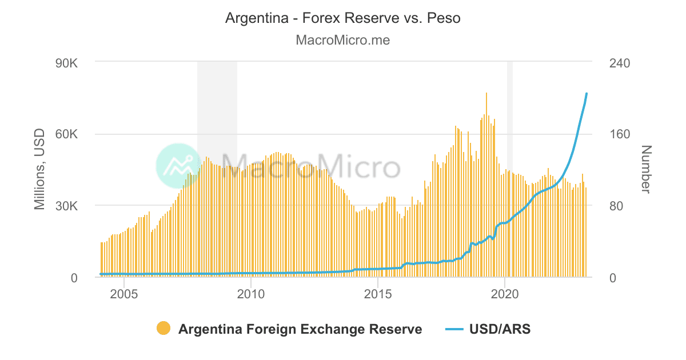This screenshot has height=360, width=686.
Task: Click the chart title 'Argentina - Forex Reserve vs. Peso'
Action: coord(342,18)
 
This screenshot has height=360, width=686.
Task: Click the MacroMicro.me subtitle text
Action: coord(342,41)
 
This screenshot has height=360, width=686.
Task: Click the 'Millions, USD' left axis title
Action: coord(39,170)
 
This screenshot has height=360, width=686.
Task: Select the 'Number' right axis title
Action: coord(646,170)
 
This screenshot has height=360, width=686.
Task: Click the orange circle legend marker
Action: coord(163,329)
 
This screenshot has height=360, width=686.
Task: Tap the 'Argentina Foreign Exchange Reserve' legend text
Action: coord(300,329)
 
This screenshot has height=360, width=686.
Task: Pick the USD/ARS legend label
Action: coord(500,329)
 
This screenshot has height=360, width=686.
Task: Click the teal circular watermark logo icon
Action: coord(178,166)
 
